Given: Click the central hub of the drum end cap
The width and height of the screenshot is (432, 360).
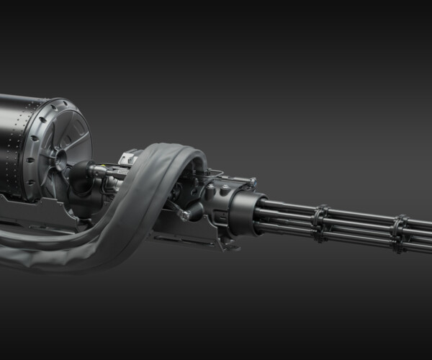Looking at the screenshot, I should pyautogui.click(x=58, y=155).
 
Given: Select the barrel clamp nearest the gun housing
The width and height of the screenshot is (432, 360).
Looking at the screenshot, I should pyautogui.click(x=320, y=220).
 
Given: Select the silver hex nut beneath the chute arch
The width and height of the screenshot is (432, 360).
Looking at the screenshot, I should pyautogui.click(x=188, y=213).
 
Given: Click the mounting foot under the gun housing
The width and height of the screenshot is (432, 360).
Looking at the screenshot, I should pyautogui.click(x=229, y=245).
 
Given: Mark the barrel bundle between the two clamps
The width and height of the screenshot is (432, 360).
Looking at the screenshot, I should pyautogui.click(x=360, y=225).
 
